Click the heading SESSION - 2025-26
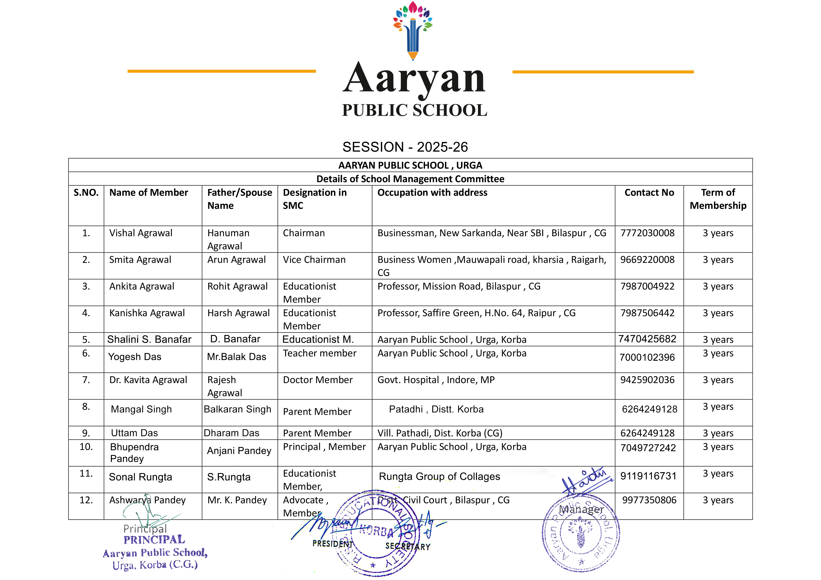tap(405, 147)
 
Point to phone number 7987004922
tap(647, 286)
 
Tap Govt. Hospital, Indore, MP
tap(436, 380)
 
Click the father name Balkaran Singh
tap(238, 409)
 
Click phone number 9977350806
tap(649, 500)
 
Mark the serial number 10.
tap(86, 447)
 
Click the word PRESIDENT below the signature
tap(333, 544)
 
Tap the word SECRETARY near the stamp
tap(408, 546)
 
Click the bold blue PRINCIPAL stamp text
tap(154, 540)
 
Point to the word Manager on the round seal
tap(581, 509)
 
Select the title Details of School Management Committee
tap(410, 179)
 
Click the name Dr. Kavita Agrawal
tap(148, 380)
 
